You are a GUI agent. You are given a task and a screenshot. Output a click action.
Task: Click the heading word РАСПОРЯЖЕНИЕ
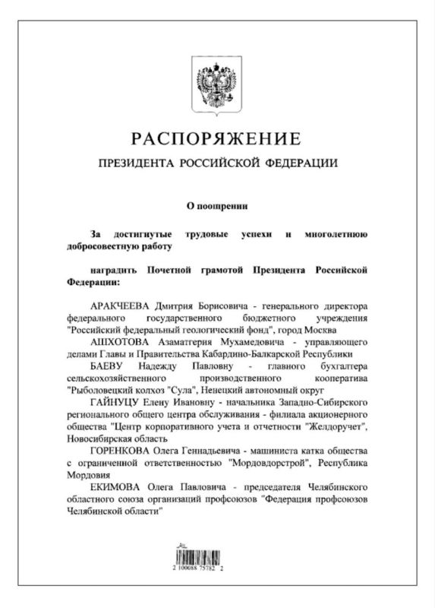(216, 138)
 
